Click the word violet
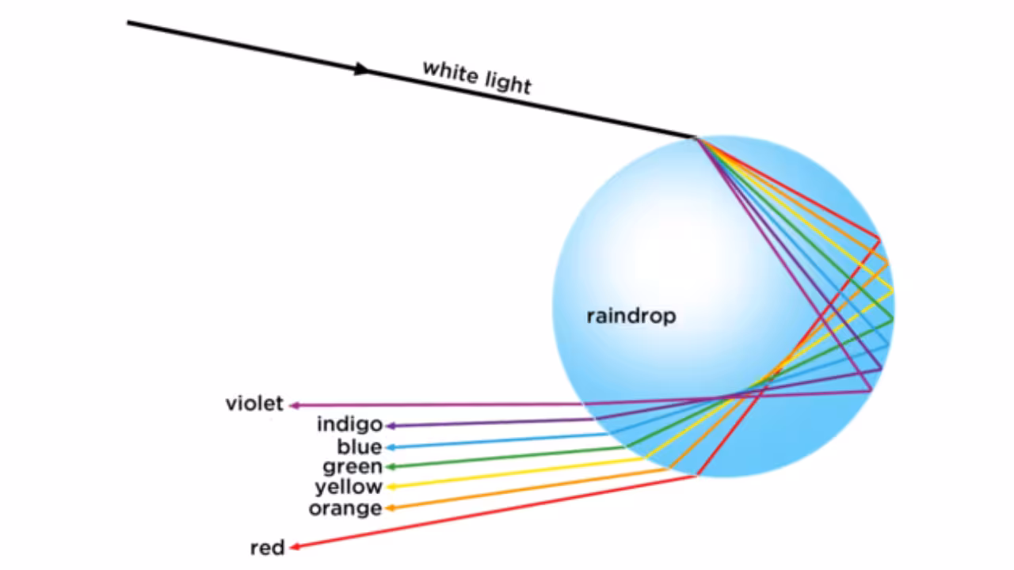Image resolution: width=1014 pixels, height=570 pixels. pyautogui.click(x=254, y=404)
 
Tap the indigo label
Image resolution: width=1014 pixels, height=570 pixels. pyautogui.click(x=349, y=424)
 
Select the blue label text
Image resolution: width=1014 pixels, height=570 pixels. pyautogui.click(x=360, y=446)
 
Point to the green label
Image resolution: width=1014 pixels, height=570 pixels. pyautogui.click(x=353, y=467)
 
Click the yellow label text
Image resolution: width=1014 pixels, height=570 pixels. pyautogui.click(x=349, y=487)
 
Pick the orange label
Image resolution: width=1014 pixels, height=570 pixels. pyautogui.click(x=345, y=507)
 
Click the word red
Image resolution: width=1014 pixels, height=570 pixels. pyautogui.click(x=267, y=547)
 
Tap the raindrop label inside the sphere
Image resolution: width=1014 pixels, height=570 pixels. pyautogui.click(x=631, y=317)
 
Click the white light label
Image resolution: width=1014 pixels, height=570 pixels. pyautogui.click(x=477, y=77)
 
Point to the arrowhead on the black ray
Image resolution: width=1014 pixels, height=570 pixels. pyautogui.click(x=362, y=69)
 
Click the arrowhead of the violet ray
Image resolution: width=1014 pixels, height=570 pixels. pyautogui.click(x=294, y=405)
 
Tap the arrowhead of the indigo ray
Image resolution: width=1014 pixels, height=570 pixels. pyautogui.click(x=390, y=426)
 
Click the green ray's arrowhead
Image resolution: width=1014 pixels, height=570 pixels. pyautogui.click(x=390, y=467)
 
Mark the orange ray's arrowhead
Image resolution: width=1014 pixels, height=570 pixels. pyautogui.click(x=390, y=507)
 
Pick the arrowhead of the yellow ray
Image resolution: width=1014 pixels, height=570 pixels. pyautogui.click(x=390, y=487)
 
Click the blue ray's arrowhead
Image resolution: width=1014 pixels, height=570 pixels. pyautogui.click(x=390, y=447)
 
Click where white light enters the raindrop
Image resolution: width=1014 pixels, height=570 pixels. pyautogui.click(x=696, y=138)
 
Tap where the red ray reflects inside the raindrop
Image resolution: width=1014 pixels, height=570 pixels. pyautogui.click(x=879, y=237)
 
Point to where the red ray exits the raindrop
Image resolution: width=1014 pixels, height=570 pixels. pyautogui.click(x=696, y=475)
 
